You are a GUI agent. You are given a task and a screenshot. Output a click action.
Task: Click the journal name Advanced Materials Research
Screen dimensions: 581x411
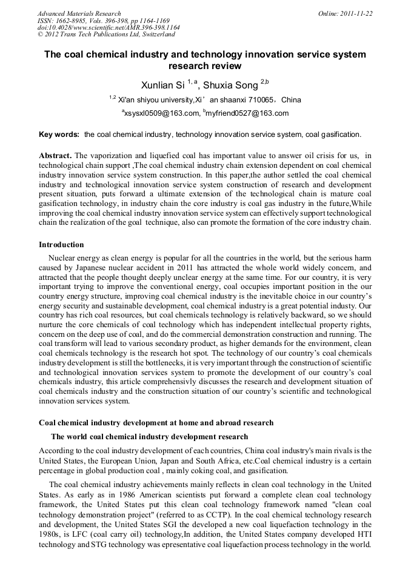click(x=79, y=13)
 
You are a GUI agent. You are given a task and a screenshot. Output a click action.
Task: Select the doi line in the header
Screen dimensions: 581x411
click(x=109, y=27)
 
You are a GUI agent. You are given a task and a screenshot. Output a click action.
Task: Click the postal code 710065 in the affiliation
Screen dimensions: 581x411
click(x=260, y=99)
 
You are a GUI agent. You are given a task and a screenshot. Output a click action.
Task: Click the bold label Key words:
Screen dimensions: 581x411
click(x=59, y=134)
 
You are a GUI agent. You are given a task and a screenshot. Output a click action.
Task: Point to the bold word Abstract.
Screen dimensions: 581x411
click(x=55, y=156)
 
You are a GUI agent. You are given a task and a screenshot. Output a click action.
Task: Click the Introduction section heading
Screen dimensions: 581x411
click(x=61, y=245)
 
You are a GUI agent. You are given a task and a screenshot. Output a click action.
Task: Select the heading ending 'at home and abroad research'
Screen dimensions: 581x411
click(x=156, y=422)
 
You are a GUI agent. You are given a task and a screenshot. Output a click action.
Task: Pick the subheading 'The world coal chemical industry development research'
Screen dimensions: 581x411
click(x=149, y=436)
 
